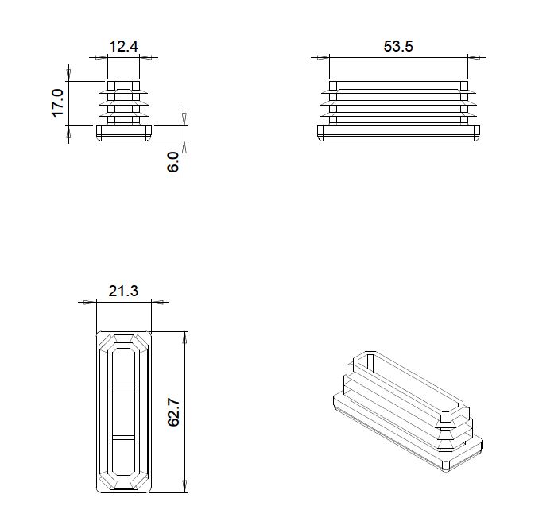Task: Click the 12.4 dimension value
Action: click(123, 47)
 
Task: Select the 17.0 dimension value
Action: click(57, 103)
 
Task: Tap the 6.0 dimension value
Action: click(173, 164)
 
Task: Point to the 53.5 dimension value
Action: click(398, 47)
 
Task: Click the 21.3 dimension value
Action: click(123, 292)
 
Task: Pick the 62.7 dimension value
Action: click(175, 411)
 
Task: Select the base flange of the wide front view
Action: click(398, 133)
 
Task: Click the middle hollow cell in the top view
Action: click(123, 411)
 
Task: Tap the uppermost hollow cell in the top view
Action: click(123, 365)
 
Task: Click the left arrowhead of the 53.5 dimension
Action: click(321, 57)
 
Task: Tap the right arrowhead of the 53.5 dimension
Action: click(475, 57)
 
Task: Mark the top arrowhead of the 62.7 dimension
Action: click(186, 337)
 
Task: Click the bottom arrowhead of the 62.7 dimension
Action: click(186, 486)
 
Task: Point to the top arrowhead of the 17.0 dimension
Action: click(70, 76)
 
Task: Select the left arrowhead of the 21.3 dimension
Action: click(87, 302)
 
